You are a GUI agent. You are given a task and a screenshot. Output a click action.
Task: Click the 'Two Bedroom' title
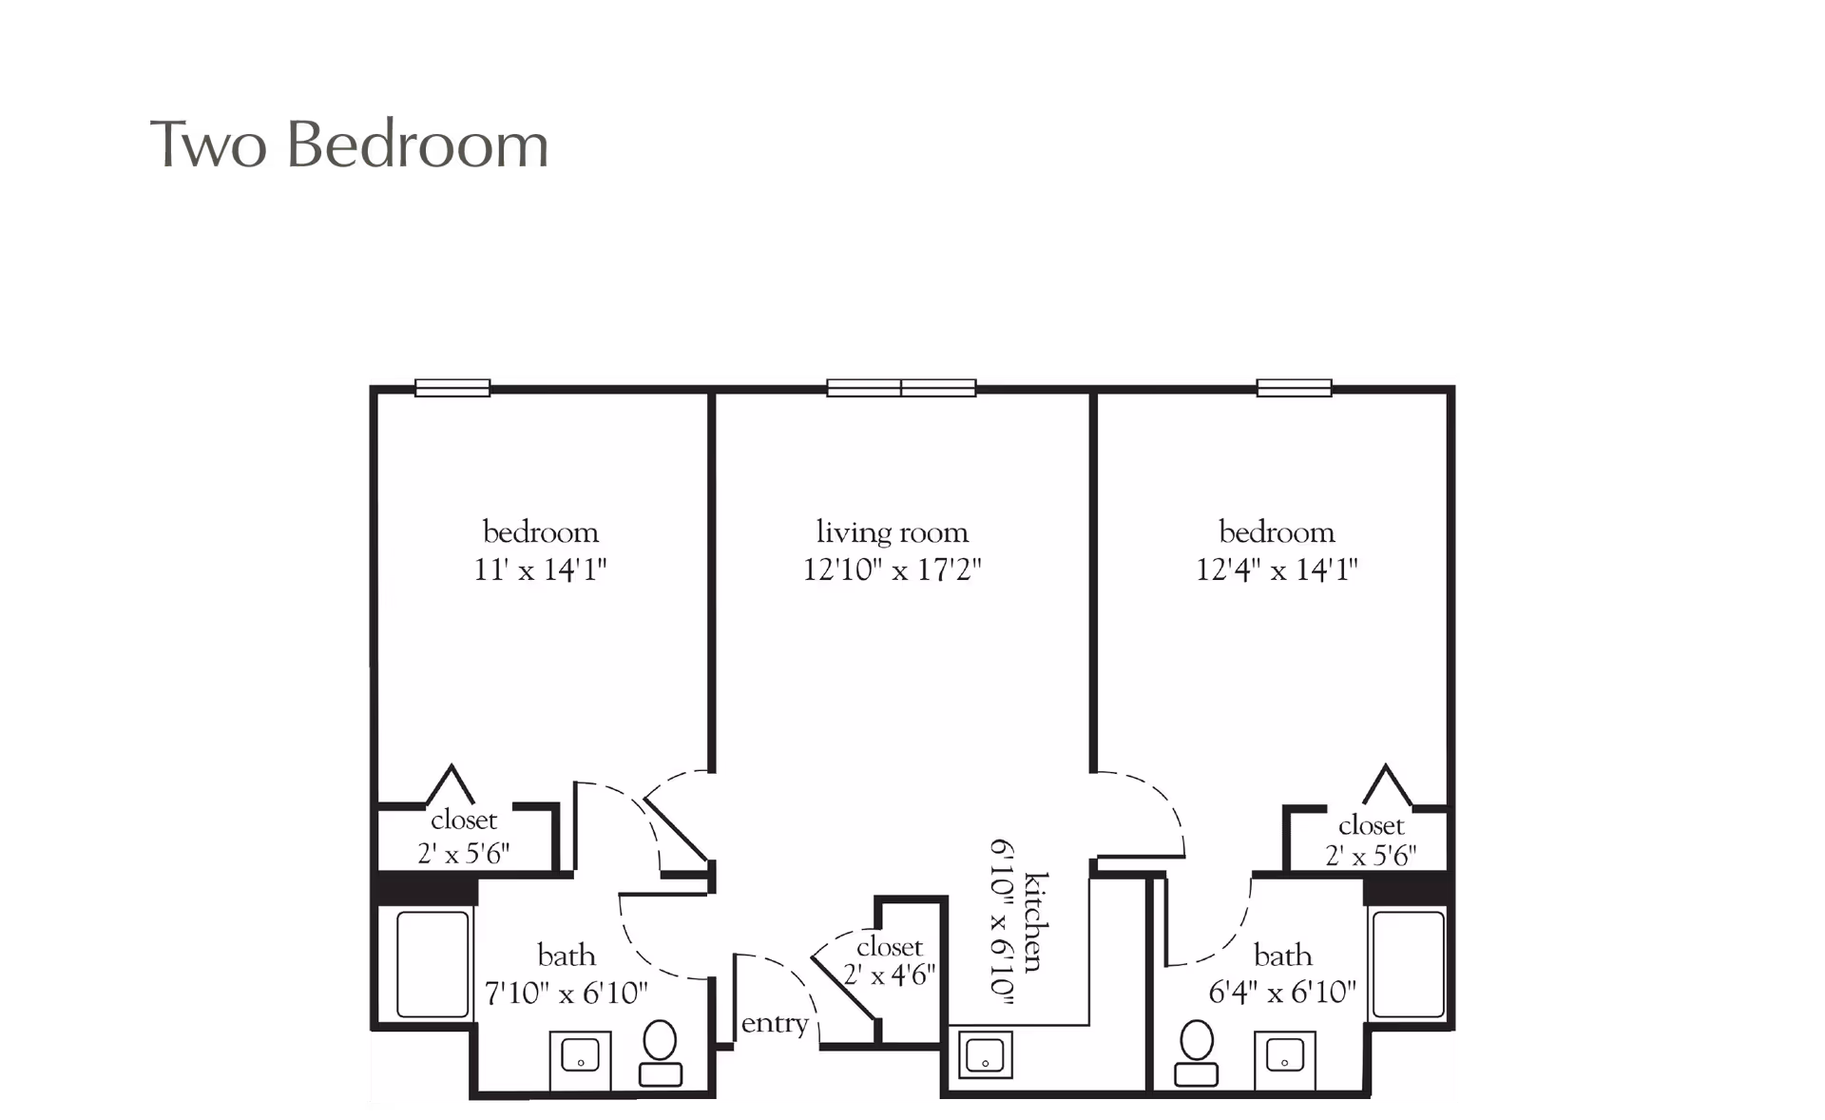click(x=350, y=145)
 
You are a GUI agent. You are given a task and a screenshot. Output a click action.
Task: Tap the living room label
click(x=892, y=532)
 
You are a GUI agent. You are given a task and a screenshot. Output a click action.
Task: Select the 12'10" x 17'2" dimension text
click(x=892, y=570)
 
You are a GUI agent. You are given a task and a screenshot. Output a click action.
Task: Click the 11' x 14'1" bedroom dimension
click(x=540, y=570)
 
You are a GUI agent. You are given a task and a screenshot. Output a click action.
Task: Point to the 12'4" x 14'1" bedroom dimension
click(x=1277, y=570)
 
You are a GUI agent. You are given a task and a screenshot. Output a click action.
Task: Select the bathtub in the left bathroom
click(x=432, y=964)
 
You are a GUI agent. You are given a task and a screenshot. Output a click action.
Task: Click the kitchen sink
click(x=986, y=1054)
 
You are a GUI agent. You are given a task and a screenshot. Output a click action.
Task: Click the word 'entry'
click(x=775, y=1024)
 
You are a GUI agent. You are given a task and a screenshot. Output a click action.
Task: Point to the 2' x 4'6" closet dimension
click(x=890, y=975)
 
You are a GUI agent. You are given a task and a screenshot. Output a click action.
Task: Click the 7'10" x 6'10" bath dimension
click(x=567, y=994)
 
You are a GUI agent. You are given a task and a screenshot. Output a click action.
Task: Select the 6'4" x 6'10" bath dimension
click(x=1282, y=994)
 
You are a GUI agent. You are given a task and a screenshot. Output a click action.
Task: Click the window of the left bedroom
click(x=452, y=387)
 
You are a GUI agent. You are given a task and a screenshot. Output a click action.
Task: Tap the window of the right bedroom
click(x=1295, y=387)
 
